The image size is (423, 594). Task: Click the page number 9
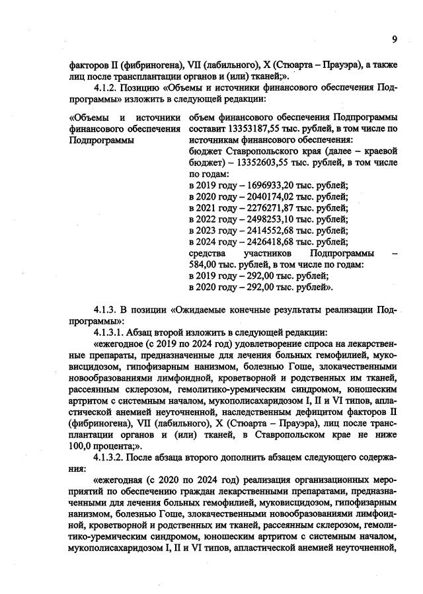[x=394, y=39]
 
